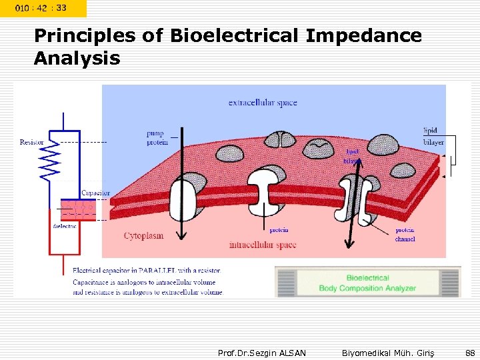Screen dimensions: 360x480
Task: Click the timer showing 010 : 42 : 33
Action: [41, 8]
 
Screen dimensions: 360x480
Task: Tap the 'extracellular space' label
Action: [263, 103]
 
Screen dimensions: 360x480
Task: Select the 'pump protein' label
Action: [157, 138]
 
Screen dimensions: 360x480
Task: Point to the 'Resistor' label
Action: [32, 142]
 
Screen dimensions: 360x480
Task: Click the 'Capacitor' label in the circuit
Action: [95, 193]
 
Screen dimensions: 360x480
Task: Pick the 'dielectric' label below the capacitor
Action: [65, 226]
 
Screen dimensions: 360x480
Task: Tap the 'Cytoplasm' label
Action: [143, 236]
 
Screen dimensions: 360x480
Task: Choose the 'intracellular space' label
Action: [262, 245]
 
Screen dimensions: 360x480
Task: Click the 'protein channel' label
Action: [404, 234]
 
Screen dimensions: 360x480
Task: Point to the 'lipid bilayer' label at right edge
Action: [433, 136]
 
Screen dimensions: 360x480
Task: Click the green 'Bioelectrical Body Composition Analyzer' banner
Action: [367, 283]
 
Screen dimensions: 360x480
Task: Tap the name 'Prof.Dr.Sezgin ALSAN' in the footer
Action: [262, 353]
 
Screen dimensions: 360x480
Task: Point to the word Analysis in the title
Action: [77, 59]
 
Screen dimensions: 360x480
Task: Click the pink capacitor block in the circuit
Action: [78, 209]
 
